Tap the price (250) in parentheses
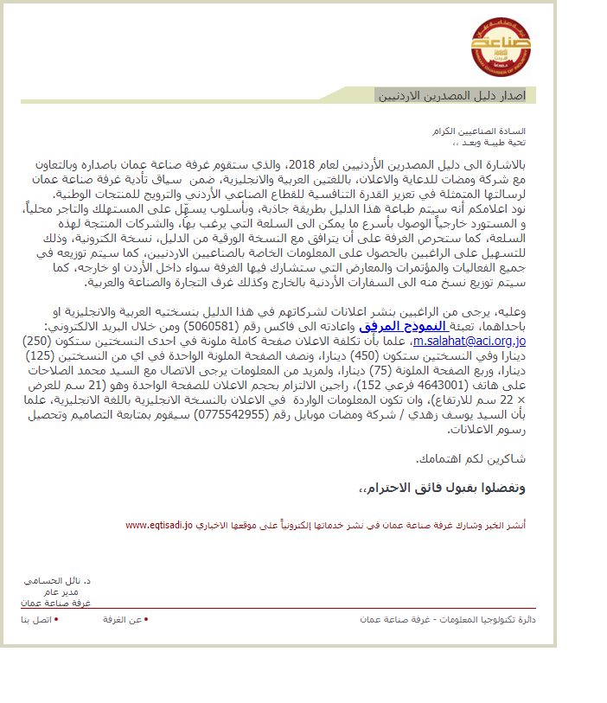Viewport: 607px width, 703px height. pyautogui.click(x=39, y=341)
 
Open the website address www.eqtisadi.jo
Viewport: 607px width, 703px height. pyautogui.click(x=159, y=524)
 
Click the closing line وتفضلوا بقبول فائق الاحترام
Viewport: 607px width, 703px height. pyautogui.click(x=442, y=489)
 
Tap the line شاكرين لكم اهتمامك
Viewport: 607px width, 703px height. pyautogui.click(x=471, y=458)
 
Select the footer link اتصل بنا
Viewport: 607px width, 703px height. pyautogui.click(x=37, y=619)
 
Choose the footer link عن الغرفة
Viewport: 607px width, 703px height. pyautogui.click(x=124, y=619)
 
